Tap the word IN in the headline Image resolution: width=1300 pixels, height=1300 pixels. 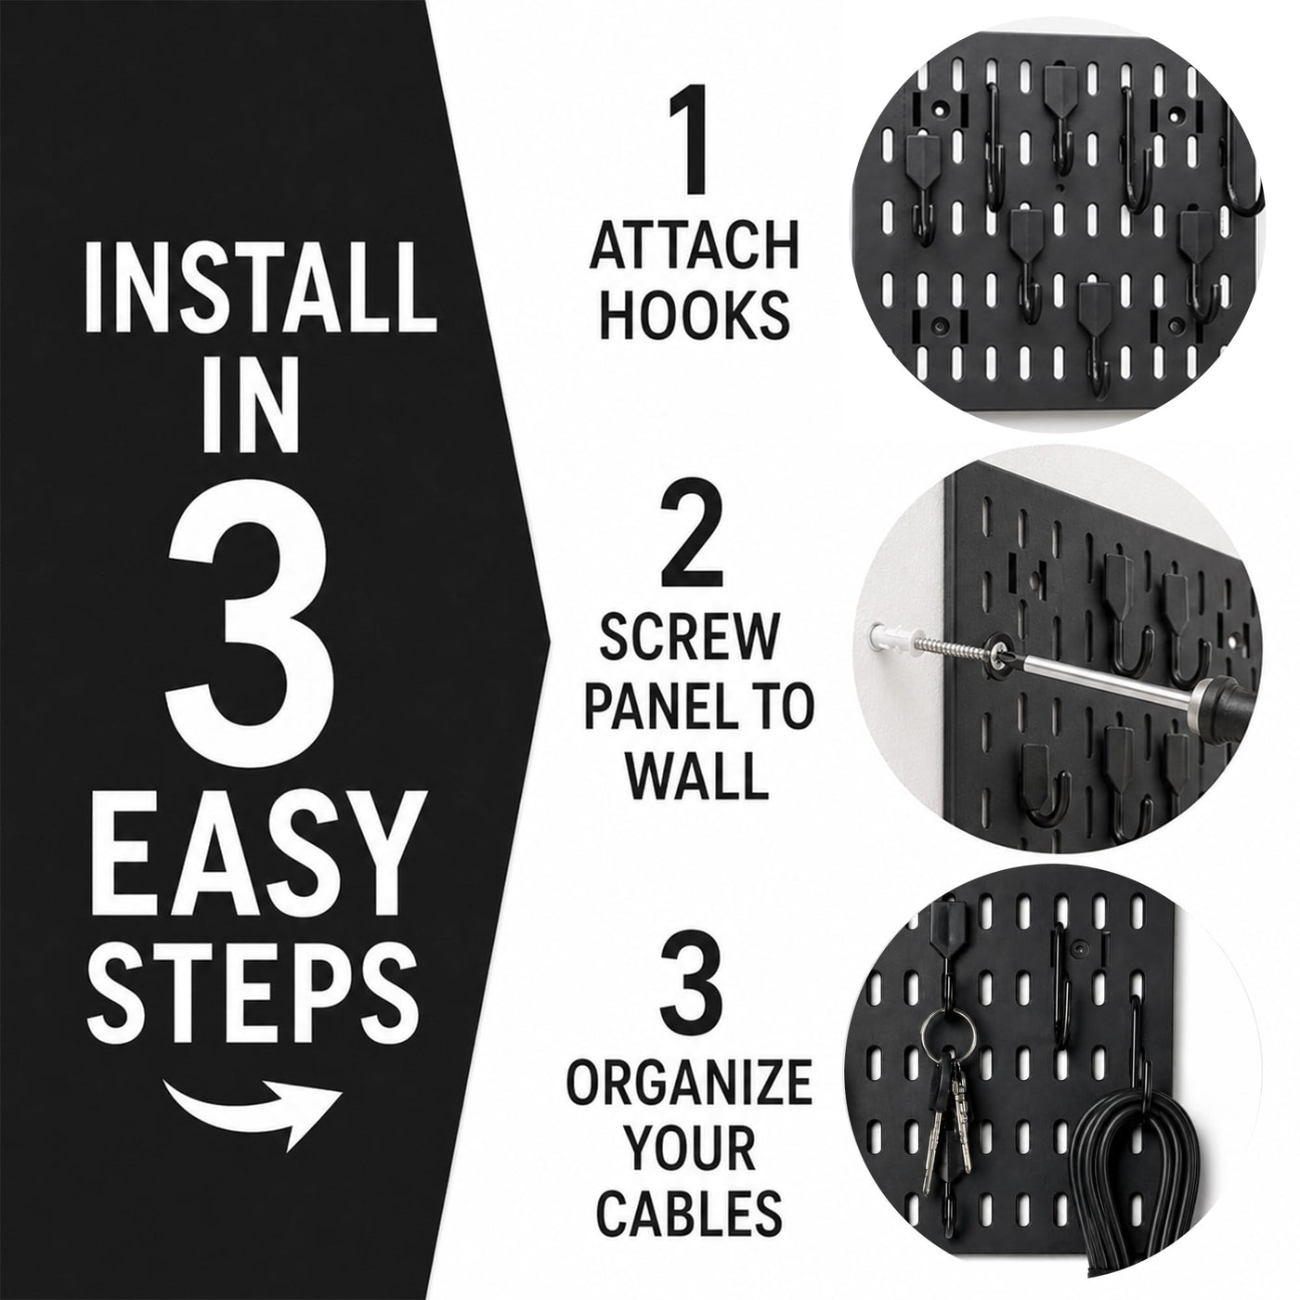tap(251, 408)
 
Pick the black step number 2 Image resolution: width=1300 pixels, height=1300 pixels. tap(692, 537)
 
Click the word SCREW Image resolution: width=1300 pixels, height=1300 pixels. tap(688, 638)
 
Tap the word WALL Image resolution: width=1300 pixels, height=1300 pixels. tap(695, 775)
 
